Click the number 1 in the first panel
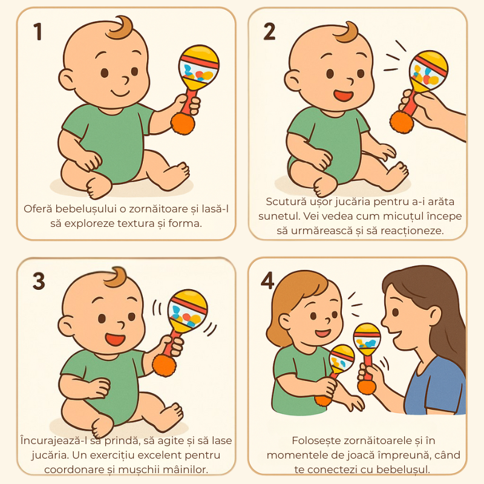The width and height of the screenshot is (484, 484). click(x=38, y=31)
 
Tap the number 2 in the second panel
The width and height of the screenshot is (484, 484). click(x=269, y=31)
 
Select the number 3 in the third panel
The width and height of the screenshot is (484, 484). click(x=39, y=281)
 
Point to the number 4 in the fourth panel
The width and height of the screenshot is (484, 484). click(x=267, y=280)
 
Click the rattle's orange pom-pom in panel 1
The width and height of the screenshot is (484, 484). click(x=183, y=123)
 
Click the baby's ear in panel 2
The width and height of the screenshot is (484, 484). click(x=292, y=81)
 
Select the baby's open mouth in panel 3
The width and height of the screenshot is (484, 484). click(x=115, y=339)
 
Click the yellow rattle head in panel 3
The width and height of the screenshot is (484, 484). click(x=188, y=310)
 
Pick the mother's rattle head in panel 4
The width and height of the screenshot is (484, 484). click(x=367, y=339)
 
